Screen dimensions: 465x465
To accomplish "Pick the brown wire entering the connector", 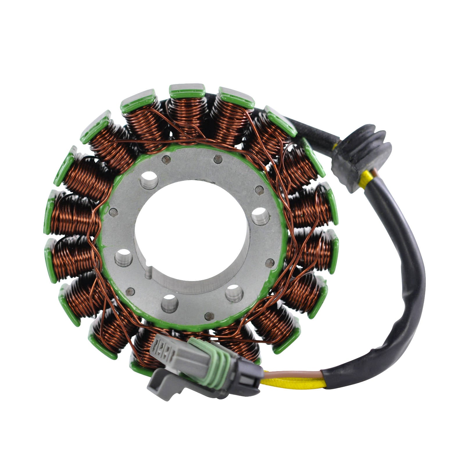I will pos(291,375).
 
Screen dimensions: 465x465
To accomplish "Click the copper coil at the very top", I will pos(187,116).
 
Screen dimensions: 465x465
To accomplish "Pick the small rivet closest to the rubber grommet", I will pos(259,190).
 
